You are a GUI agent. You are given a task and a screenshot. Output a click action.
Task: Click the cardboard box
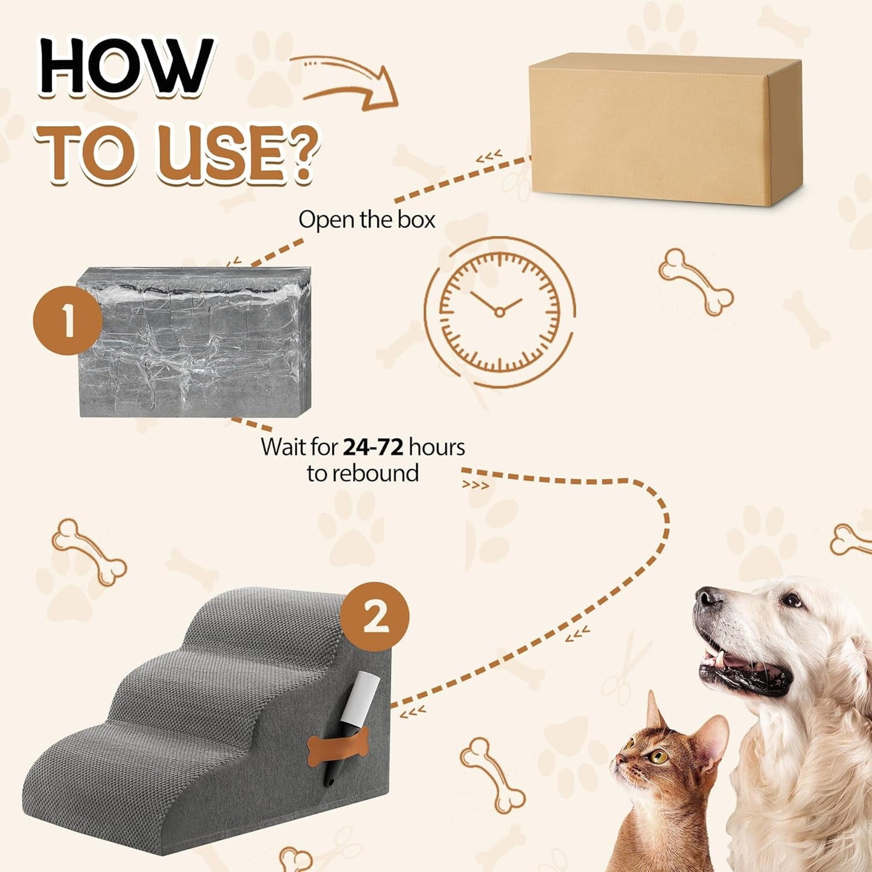(x=664, y=129)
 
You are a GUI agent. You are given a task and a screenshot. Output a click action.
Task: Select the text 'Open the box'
(x=366, y=220)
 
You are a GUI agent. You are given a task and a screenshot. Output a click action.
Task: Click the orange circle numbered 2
(x=375, y=616)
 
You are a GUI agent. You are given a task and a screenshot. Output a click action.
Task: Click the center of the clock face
(x=499, y=312)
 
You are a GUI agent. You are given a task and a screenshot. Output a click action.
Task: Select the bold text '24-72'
(x=373, y=447)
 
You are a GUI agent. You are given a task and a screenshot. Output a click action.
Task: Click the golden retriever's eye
(x=791, y=600)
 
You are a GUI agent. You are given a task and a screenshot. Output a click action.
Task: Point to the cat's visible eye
(x=658, y=756)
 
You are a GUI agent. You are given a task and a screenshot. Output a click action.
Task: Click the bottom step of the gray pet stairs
(x=121, y=754)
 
